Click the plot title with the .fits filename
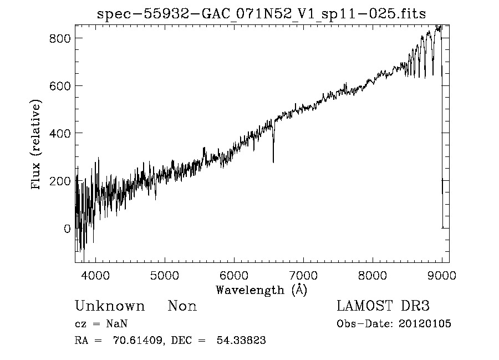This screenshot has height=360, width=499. [x=261, y=14]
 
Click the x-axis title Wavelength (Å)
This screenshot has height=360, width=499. [x=261, y=290]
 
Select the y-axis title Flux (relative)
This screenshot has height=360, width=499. [x=37, y=145]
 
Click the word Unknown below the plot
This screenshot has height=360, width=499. [x=110, y=306]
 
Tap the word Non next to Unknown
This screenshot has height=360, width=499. [x=182, y=306]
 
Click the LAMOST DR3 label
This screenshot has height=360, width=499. [x=383, y=306]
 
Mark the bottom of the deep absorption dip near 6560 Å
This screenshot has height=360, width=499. [x=273, y=161]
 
